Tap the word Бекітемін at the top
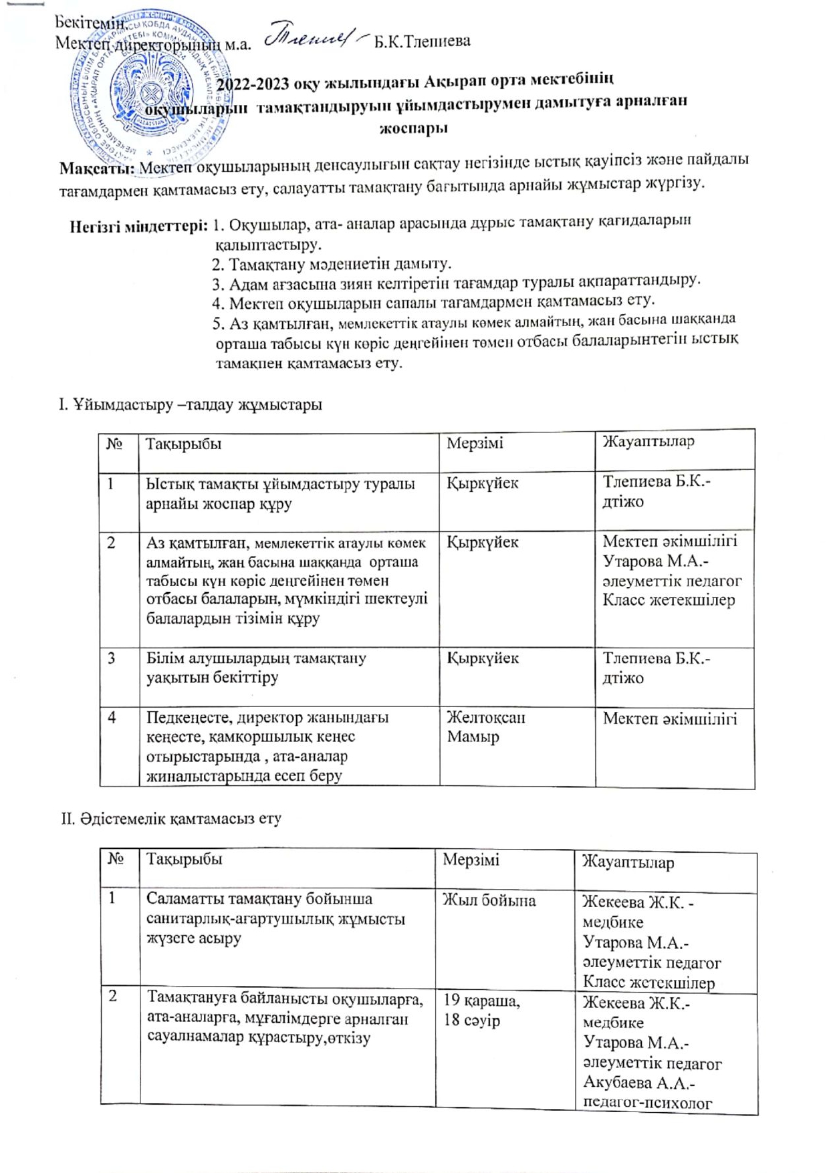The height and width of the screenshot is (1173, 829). [x=90, y=22]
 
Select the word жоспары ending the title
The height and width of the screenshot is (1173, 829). [x=413, y=128]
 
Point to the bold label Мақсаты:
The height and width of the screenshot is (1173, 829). [x=98, y=167]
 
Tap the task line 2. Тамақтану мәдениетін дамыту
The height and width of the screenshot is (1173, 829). [x=331, y=264]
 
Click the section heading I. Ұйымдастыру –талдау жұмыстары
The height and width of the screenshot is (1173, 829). [x=190, y=404]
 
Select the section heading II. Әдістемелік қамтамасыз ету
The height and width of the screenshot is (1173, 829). [x=171, y=818]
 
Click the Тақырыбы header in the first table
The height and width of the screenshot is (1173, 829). [x=184, y=444]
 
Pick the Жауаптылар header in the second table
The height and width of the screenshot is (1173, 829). [x=628, y=862]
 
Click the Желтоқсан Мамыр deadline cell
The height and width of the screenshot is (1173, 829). [x=486, y=727]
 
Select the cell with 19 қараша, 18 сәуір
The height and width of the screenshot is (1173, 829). [x=481, y=1010]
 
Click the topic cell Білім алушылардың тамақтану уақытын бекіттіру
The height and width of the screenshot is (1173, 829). [x=257, y=668]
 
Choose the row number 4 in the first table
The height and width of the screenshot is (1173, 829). [x=112, y=718]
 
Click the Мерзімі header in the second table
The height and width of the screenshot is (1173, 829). [x=471, y=860]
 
